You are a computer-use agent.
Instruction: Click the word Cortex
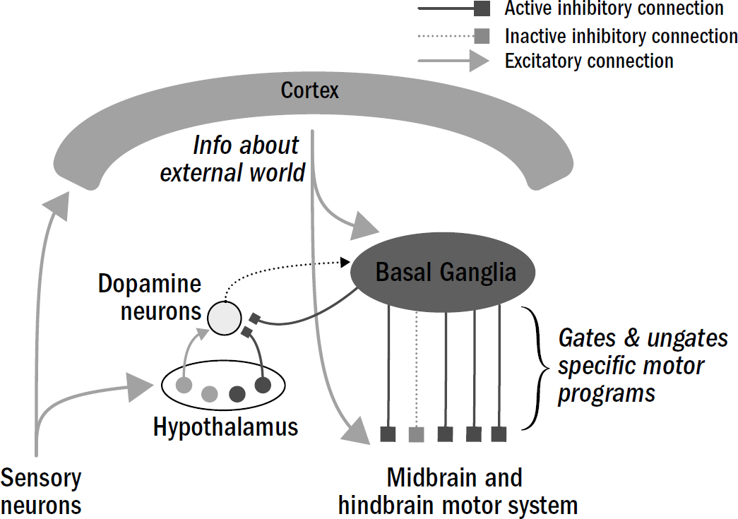coord(309,90)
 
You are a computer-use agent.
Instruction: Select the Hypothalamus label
coord(225,426)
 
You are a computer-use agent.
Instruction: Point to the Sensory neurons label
coord(41,491)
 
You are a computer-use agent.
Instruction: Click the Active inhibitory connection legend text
coord(614,9)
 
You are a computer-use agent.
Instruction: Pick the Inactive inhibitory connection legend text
coord(621,35)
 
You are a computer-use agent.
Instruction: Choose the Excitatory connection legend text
coord(589,61)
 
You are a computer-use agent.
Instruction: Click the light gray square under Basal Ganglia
coord(417,434)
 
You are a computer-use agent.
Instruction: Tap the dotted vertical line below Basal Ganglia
coord(417,367)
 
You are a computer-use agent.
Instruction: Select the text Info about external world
coord(233,158)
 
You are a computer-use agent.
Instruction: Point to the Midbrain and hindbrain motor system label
coord(457,491)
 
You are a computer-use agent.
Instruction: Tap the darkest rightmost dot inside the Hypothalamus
coord(263,386)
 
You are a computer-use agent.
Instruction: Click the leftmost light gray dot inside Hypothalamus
coord(184,386)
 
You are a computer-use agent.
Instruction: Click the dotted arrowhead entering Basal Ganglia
coord(347,262)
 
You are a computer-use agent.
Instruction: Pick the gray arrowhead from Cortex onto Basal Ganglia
coord(367,227)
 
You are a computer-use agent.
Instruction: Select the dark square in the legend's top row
coord(482,8)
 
